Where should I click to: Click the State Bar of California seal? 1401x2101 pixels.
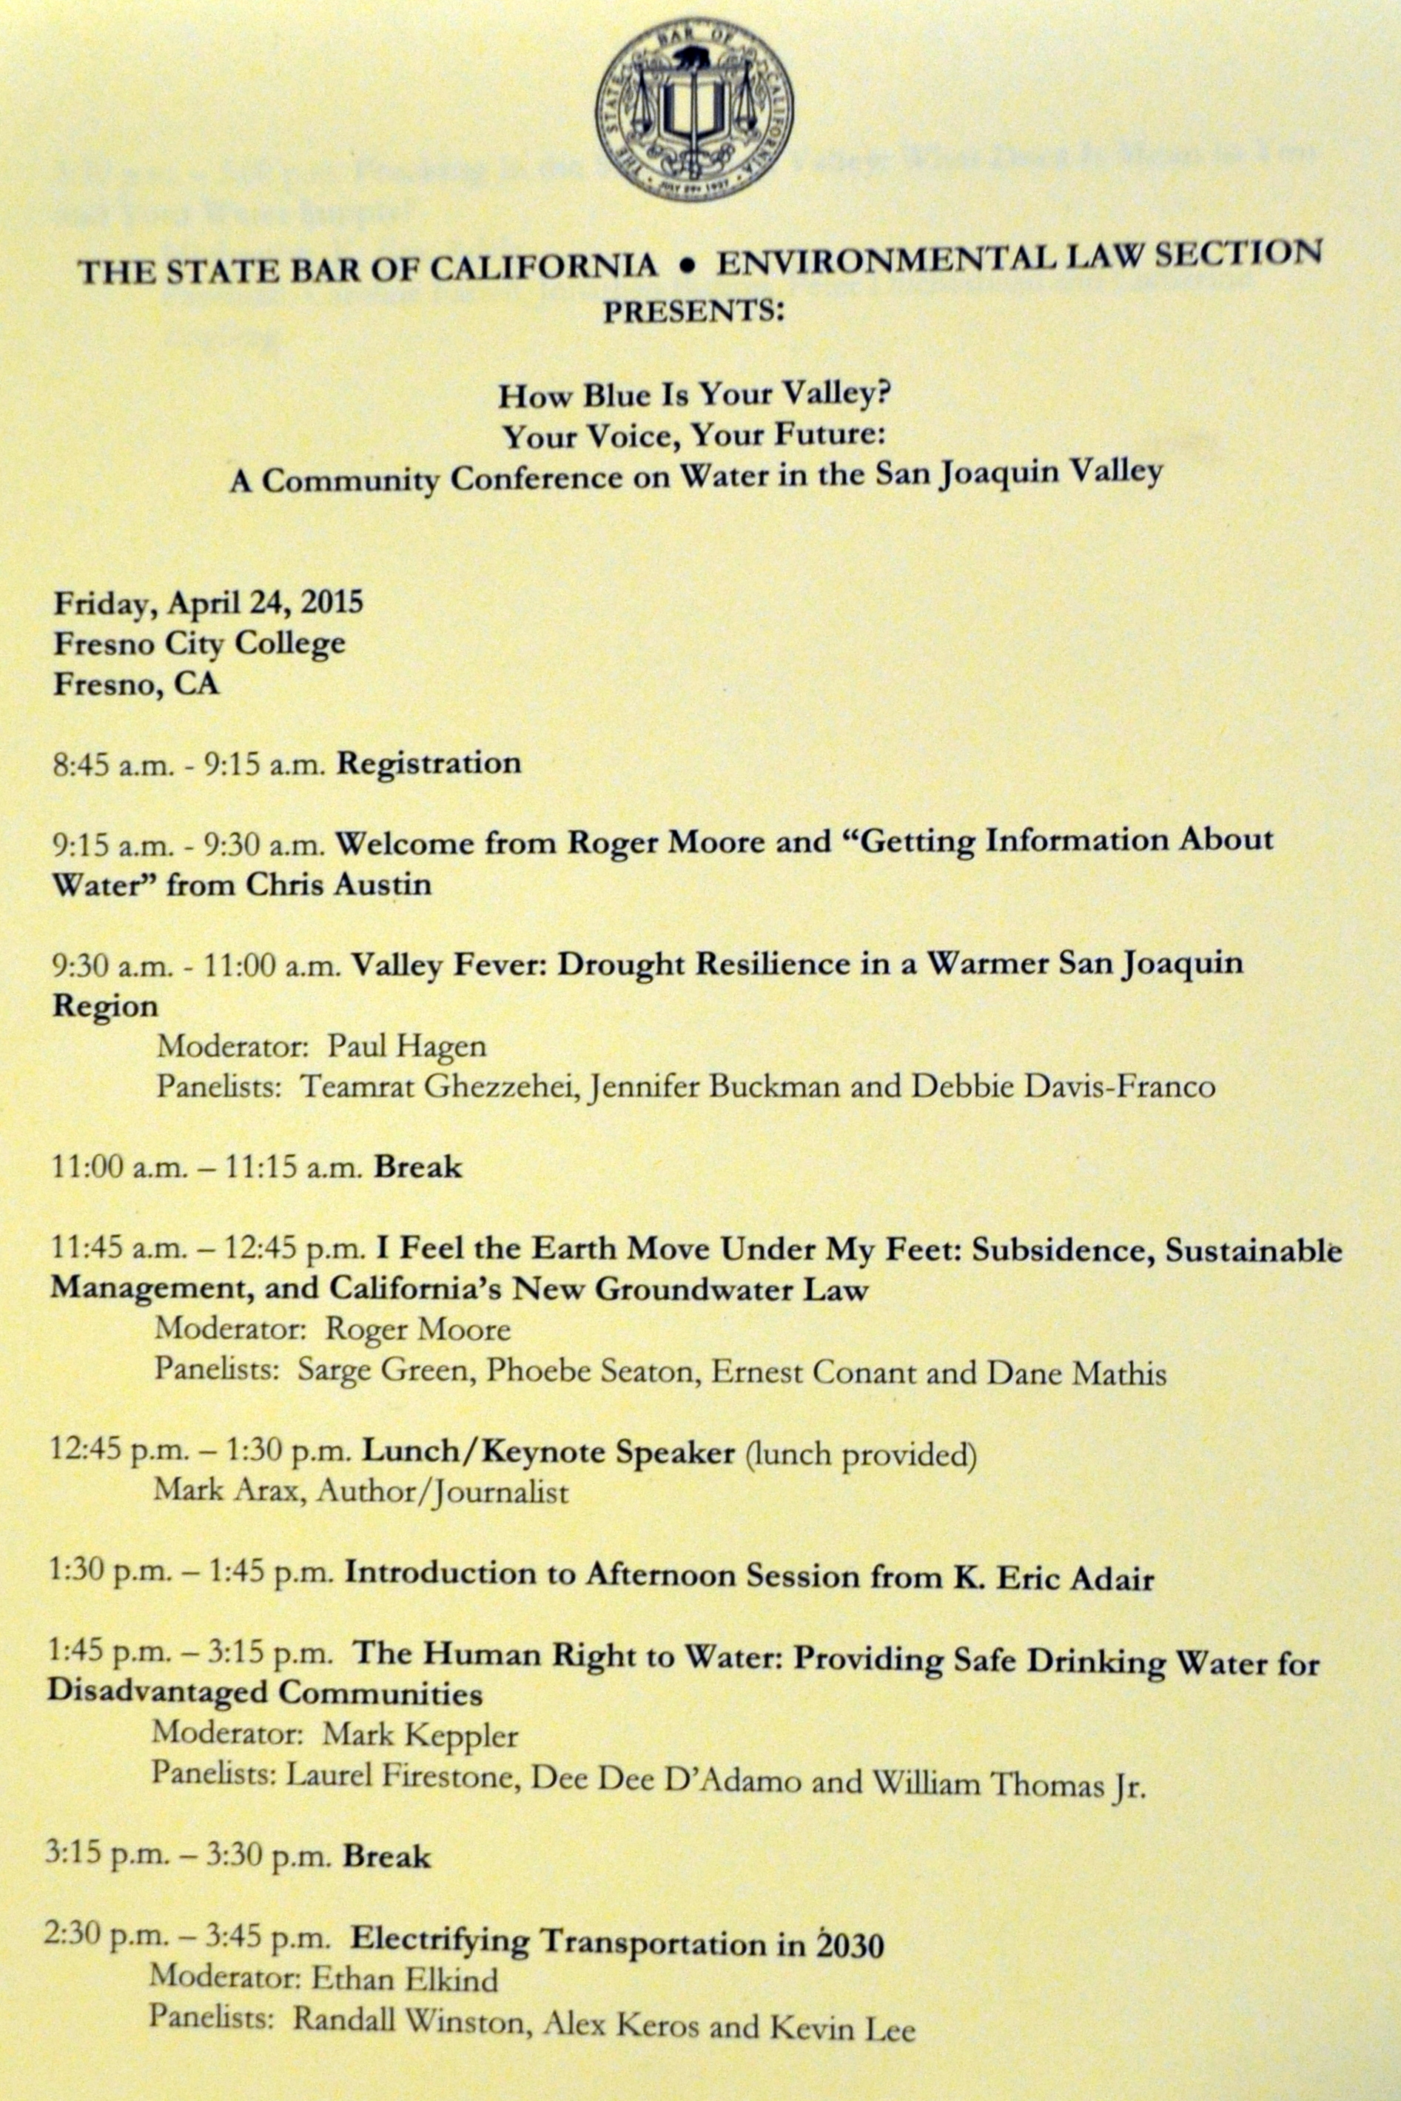point(693,112)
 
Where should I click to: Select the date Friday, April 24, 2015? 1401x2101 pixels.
point(208,603)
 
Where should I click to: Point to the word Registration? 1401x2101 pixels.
point(428,763)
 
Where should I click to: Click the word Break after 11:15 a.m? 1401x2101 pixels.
point(417,1167)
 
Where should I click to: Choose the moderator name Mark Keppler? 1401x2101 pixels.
point(420,1735)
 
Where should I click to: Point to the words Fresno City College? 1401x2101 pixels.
point(199,643)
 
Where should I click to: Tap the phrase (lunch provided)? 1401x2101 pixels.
point(859,1455)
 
